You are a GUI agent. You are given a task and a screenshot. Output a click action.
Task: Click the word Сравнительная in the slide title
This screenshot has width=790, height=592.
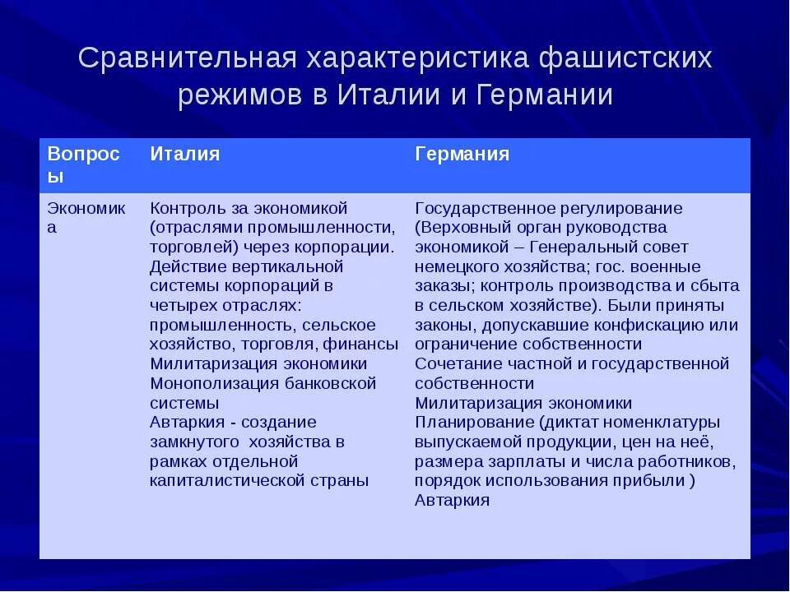click(x=183, y=59)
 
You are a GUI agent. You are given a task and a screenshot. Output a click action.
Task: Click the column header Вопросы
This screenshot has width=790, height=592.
click(x=83, y=164)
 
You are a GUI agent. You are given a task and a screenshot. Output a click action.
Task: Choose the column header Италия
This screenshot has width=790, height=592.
click(x=184, y=155)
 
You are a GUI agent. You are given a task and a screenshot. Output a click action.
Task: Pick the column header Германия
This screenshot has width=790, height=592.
click(x=462, y=155)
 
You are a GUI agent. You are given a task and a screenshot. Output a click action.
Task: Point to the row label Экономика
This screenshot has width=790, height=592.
click(x=86, y=217)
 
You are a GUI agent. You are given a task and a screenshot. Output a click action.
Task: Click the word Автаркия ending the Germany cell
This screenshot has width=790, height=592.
click(x=452, y=500)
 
